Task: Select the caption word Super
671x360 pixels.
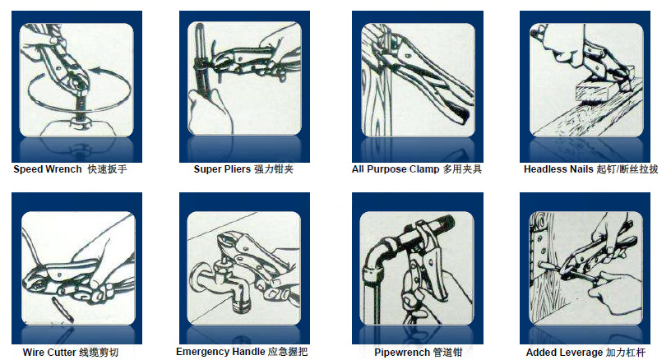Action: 206,169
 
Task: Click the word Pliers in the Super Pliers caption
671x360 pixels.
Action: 237,169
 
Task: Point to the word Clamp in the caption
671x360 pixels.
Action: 424,169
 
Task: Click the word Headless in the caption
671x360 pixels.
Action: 543,169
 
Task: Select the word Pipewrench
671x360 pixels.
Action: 402,353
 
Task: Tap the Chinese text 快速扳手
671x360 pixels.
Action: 107,169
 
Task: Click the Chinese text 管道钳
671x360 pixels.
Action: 447,353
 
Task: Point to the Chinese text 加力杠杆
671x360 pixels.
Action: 626,353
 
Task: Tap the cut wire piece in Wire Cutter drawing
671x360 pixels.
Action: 62,309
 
